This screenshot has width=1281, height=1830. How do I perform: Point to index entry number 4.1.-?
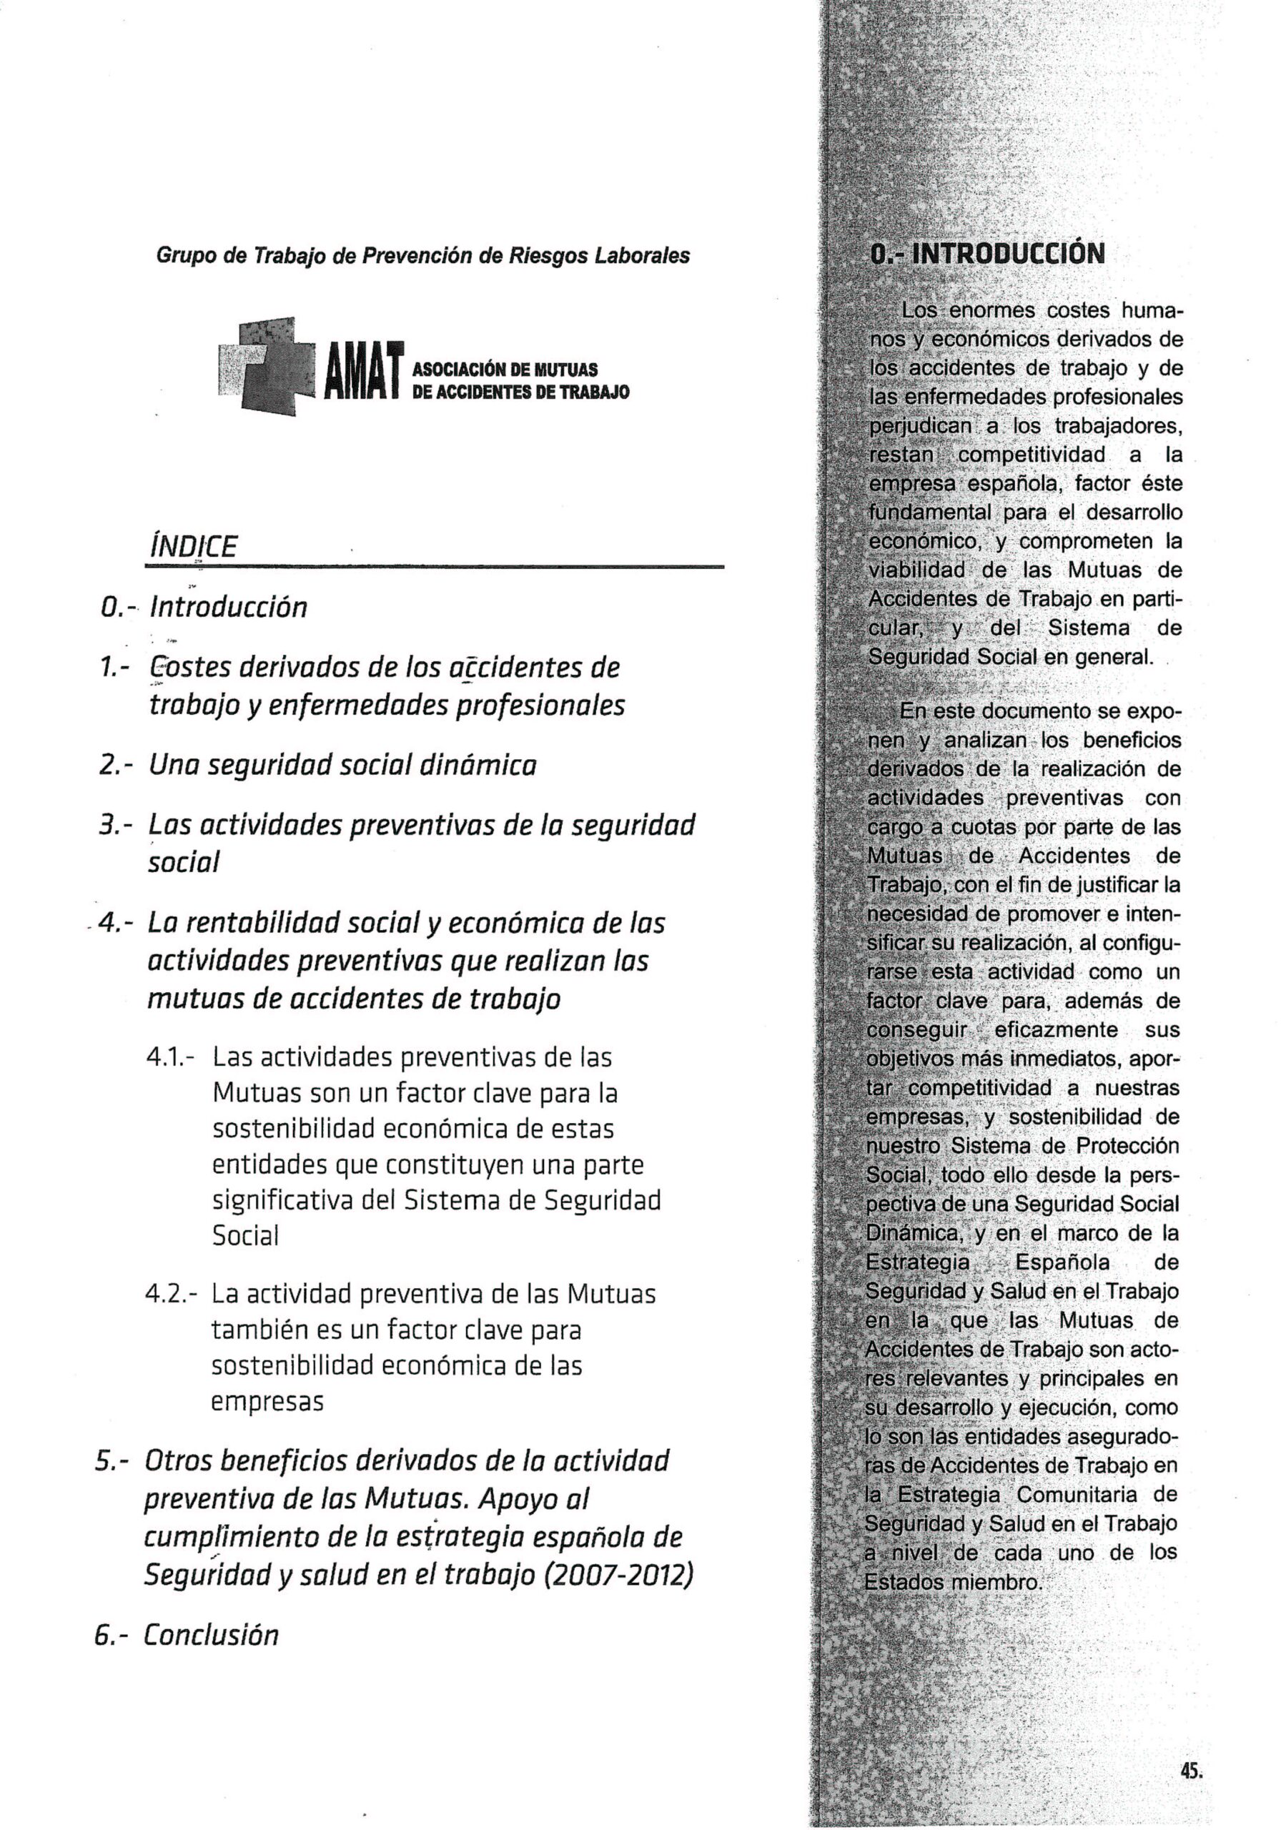click(171, 1059)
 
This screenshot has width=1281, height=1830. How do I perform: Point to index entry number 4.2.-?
click(171, 1293)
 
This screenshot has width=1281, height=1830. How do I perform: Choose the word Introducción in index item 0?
click(228, 608)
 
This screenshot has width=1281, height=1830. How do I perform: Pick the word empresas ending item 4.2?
click(267, 1402)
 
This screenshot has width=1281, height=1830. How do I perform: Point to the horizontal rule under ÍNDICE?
click(435, 567)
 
